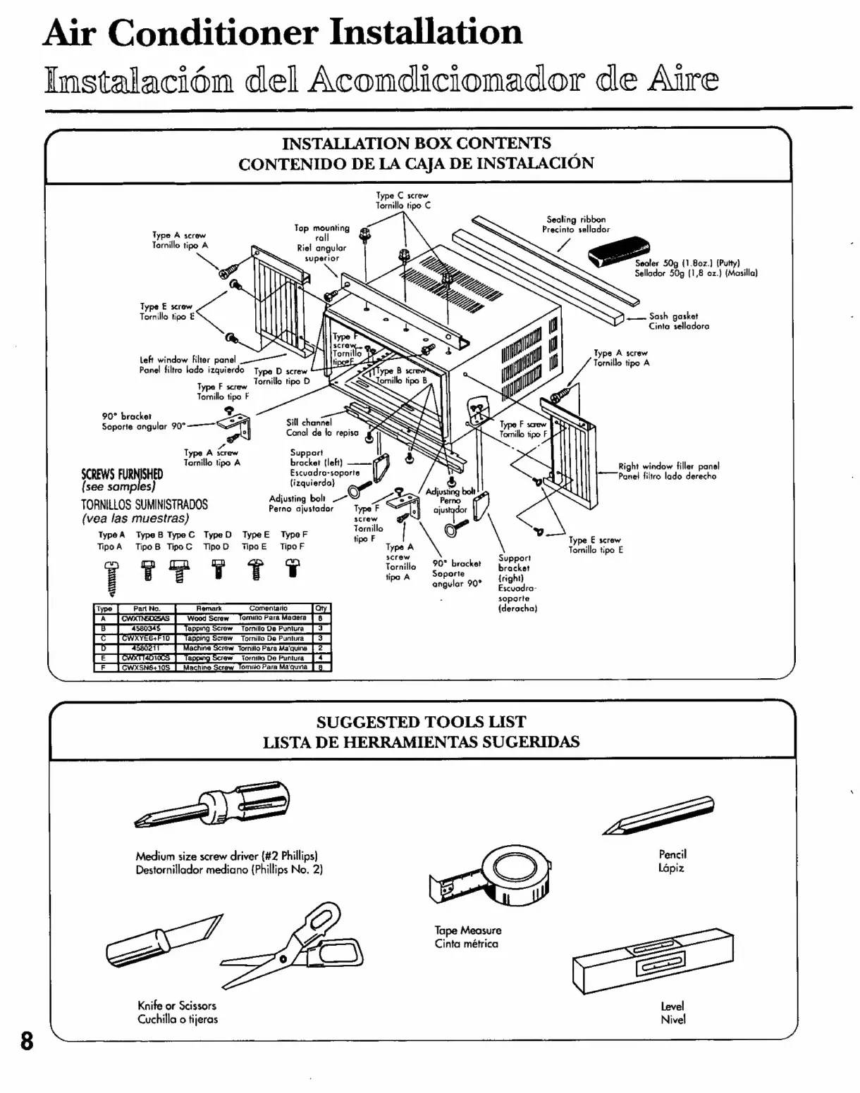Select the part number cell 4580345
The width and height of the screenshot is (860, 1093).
click(x=146, y=628)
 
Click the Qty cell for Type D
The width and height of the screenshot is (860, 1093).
click(x=320, y=648)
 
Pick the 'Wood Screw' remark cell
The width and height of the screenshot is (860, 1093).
click(x=207, y=618)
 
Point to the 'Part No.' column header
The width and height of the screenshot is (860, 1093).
click(x=146, y=608)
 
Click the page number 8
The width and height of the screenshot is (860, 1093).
click(x=27, y=1040)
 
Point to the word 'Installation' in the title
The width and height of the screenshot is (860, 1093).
click(x=426, y=32)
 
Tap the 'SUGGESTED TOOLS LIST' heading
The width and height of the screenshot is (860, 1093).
click(x=421, y=722)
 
